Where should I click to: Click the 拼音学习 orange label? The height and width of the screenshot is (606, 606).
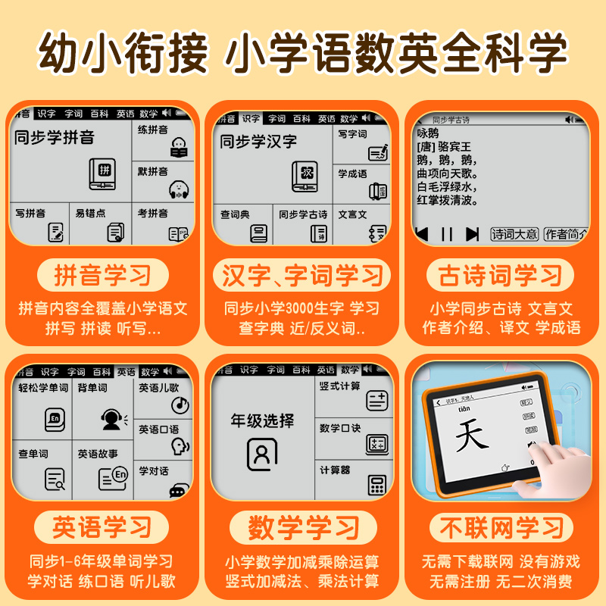(102, 276)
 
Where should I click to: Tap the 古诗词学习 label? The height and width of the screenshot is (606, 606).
(501, 276)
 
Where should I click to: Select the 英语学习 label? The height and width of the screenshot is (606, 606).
(102, 527)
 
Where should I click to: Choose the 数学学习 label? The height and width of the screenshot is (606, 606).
(303, 527)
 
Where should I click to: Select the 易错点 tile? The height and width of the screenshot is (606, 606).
(101, 223)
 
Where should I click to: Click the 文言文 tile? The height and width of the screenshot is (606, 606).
(363, 224)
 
